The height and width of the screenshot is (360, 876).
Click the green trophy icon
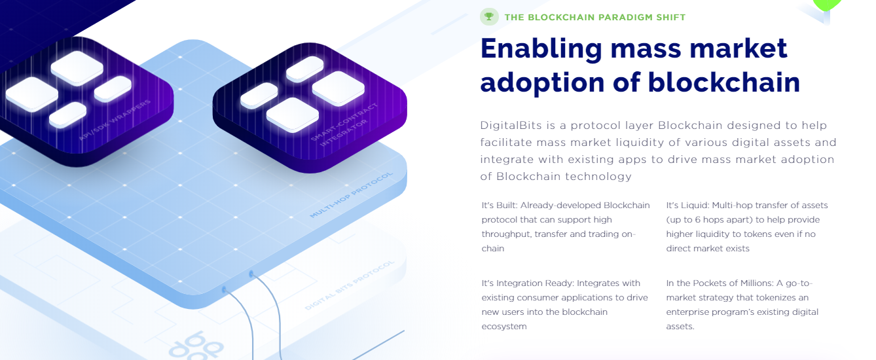[x=489, y=17]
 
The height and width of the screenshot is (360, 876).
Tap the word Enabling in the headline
[x=541, y=50]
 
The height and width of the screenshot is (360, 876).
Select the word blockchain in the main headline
[x=724, y=82]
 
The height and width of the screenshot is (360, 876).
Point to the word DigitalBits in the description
[x=511, y=126]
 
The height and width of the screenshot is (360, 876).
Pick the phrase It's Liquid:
[x=687, y=206]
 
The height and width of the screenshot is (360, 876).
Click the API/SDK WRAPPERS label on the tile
[x=115, y=120]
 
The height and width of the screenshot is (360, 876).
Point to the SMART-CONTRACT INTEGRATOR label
[x=345, y=124]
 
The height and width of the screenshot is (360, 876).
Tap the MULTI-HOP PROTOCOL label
[x=351, y=194]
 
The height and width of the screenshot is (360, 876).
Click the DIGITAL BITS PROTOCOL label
[x=350, y=285]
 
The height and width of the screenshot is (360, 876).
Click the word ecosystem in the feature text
[x=504, y=327]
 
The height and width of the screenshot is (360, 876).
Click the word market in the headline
[x=739, y=48]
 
